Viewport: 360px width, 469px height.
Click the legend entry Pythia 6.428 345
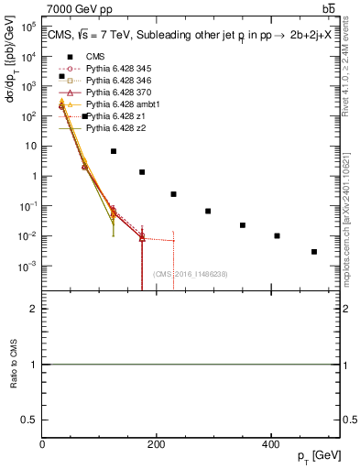coord(111,69)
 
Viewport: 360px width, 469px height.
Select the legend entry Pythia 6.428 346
coord(111,81)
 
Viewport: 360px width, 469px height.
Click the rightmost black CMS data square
coord(314,252)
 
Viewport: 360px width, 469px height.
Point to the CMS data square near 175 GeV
coord(142,172)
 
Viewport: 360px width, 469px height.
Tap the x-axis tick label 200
coord(156,444)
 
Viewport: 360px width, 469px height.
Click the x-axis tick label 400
coord(270,444)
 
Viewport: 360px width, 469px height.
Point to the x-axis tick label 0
coord(42,444)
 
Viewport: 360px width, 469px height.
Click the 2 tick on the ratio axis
coord(35,310)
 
